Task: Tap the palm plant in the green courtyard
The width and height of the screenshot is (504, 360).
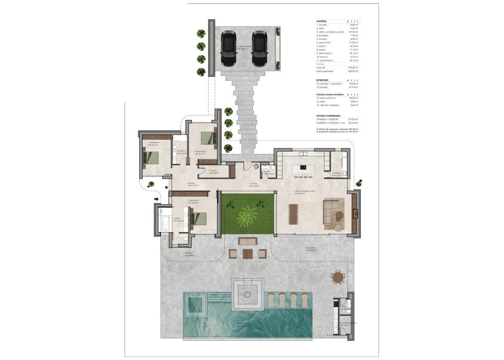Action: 247,214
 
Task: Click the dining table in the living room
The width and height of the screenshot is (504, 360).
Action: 293,213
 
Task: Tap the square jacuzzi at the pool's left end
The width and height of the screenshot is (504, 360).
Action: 194,304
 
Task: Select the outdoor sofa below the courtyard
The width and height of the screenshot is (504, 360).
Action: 248,241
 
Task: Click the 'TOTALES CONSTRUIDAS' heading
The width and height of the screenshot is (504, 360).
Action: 328,115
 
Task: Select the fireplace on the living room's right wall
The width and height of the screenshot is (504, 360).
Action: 354,213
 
